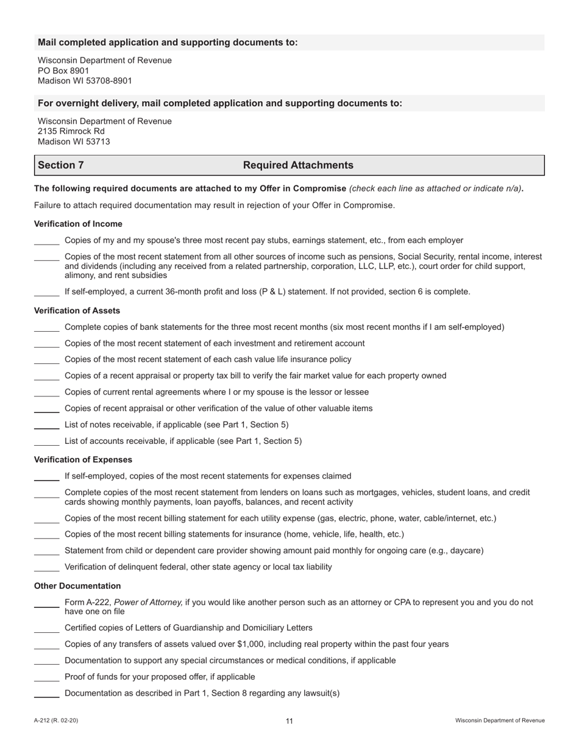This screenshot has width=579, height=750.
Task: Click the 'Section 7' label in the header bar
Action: pyautogui.click(x=61, y=165)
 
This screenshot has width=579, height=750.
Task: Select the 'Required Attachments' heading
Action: pyautogui.click(x=298, y=165)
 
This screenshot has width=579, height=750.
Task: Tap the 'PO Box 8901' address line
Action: pyautogui.click(x=63, y=71)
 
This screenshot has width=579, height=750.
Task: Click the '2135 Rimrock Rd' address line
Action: pyautogui.click(x=71, y=131)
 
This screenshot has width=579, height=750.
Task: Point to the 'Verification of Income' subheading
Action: pyautogui.click(x=78, y=224)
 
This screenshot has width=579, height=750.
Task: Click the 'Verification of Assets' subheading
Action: pyautogui.click(x=77, y=310)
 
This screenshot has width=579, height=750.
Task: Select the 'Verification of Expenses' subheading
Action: pyautogui.click(x=83, y=459)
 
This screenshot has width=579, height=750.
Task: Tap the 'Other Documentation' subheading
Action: pyautogui.click(x=77, y=586)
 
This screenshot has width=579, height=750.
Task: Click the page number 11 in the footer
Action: pyautogui.click(x=289, y=721)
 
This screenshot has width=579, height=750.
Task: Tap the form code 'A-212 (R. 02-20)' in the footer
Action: pyautogui.click(x=56, y=721)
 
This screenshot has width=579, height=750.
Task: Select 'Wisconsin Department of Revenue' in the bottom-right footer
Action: pyautogui.click(x=500, y=721)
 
